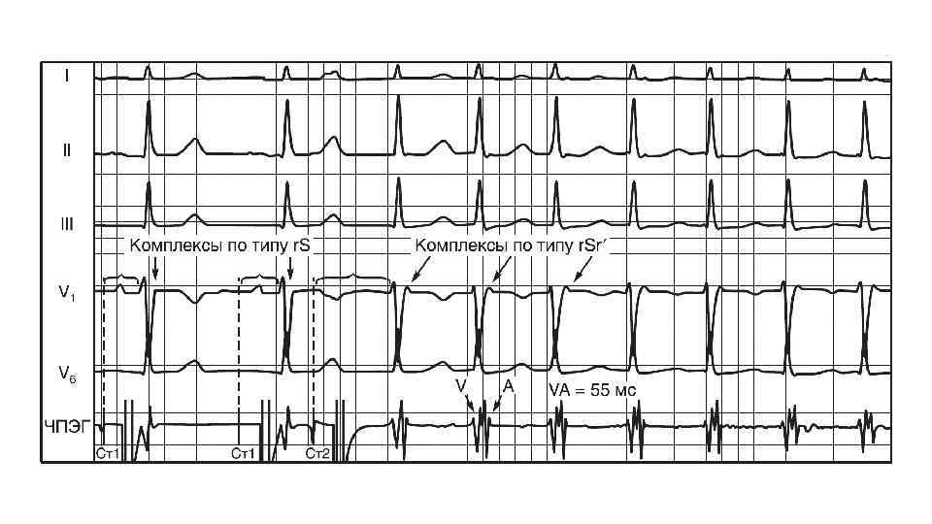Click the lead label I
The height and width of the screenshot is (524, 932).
(x=66, y=75)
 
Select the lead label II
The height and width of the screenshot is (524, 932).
(x=66, y=150)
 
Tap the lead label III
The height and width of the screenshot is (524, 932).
(x=66, y=222)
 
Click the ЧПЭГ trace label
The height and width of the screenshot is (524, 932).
(x=66, y=424)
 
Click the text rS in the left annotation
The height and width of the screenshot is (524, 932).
(x=299, y=246)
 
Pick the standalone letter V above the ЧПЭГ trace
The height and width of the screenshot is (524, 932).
(x=461, y=386)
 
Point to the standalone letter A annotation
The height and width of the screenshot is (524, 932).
(x=507, y=386)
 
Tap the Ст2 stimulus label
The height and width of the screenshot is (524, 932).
(x=318, y=453)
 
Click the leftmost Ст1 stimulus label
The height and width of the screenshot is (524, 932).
(x=108, y=453)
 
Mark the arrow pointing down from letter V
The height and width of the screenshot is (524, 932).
(x=471, y=405)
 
